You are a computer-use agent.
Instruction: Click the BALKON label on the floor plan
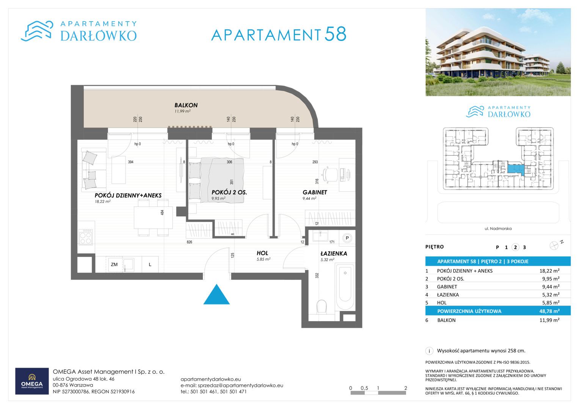point(186,105)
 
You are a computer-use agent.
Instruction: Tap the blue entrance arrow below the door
point(217,295)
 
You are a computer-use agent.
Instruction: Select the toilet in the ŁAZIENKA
point(322,306)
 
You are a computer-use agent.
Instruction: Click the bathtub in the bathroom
point(345,286)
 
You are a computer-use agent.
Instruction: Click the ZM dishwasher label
point(114,264)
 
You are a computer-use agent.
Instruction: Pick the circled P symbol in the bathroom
point(347,238)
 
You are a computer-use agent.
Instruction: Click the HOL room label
point(262,253)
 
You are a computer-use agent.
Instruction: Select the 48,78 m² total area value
point(549,311)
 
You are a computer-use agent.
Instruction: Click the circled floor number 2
point(515,247)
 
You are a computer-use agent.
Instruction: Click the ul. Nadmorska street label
point(498,228)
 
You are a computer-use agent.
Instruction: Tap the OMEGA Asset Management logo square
point(32,381)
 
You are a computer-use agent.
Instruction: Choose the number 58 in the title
point(335,34)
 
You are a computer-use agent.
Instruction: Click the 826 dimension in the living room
point(189,242)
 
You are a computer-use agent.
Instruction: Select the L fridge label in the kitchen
point(150,264)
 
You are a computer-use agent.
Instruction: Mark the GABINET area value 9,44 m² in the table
point(551,287)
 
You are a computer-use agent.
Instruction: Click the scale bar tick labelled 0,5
point(364,388)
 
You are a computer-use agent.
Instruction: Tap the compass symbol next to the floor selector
point(554,245)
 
